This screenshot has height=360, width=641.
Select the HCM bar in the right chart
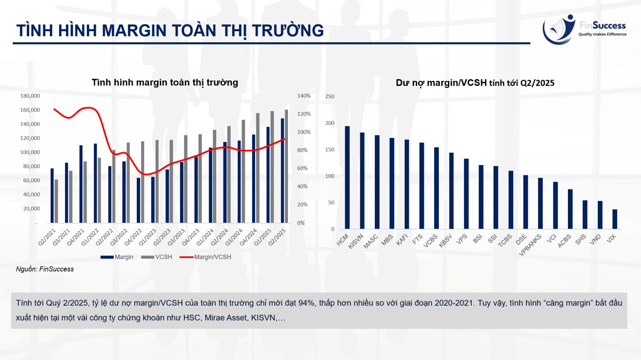coord(347,177)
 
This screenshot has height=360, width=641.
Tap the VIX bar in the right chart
coord(615,219)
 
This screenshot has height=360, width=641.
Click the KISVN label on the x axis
coord(356,241)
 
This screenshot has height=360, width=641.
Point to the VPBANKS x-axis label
coord(530,245)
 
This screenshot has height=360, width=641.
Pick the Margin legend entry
coord(117,257)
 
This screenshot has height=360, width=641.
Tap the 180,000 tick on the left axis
coord(30,96)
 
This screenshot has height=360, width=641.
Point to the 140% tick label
coord(304,96)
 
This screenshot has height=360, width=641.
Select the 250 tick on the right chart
coord(329,97)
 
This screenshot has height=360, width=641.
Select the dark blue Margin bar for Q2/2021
coord(52,195)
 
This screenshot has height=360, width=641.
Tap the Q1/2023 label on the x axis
coord(148,237)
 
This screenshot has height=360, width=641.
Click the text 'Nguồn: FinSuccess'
coord(45,269)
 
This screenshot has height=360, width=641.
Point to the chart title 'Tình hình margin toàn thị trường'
coord(165,83)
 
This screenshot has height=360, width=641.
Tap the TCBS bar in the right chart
coord(511,200)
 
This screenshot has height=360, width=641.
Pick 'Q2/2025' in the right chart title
coord(537,83)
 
